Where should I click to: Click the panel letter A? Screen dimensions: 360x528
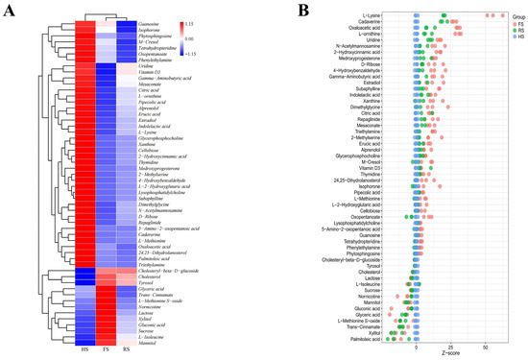pos(8,11)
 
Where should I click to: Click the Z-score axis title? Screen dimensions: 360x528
pos(443,352)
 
